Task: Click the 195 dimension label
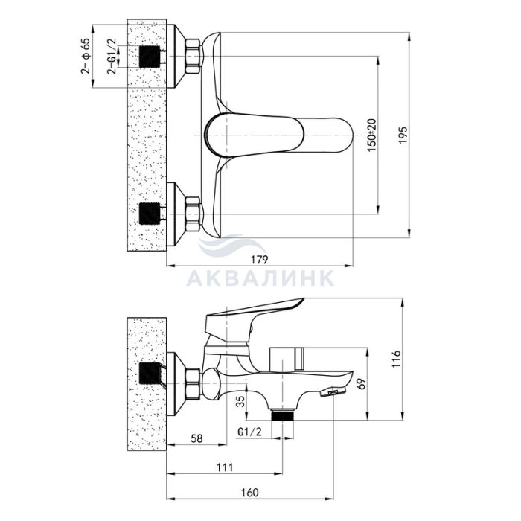403,135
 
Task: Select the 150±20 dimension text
372,135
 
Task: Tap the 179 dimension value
259,260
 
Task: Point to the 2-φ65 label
85,56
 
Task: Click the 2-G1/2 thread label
112,56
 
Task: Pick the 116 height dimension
397,359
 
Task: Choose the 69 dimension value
362,384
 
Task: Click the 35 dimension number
242,401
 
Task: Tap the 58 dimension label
196,438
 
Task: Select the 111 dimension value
225,467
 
